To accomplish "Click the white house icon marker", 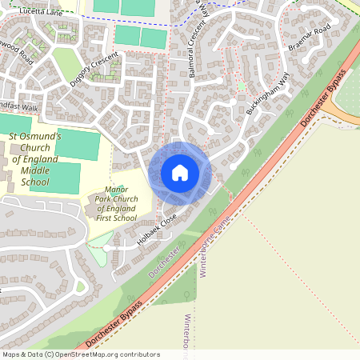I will [180, 173].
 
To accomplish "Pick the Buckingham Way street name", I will [266, 93].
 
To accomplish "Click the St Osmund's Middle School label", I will [35, 159].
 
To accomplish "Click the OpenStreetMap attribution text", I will [80, 354].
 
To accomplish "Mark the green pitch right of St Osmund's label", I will [78, 144].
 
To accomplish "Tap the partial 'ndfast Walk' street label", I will [19, 106].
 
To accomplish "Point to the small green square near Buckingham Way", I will [241, 86].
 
